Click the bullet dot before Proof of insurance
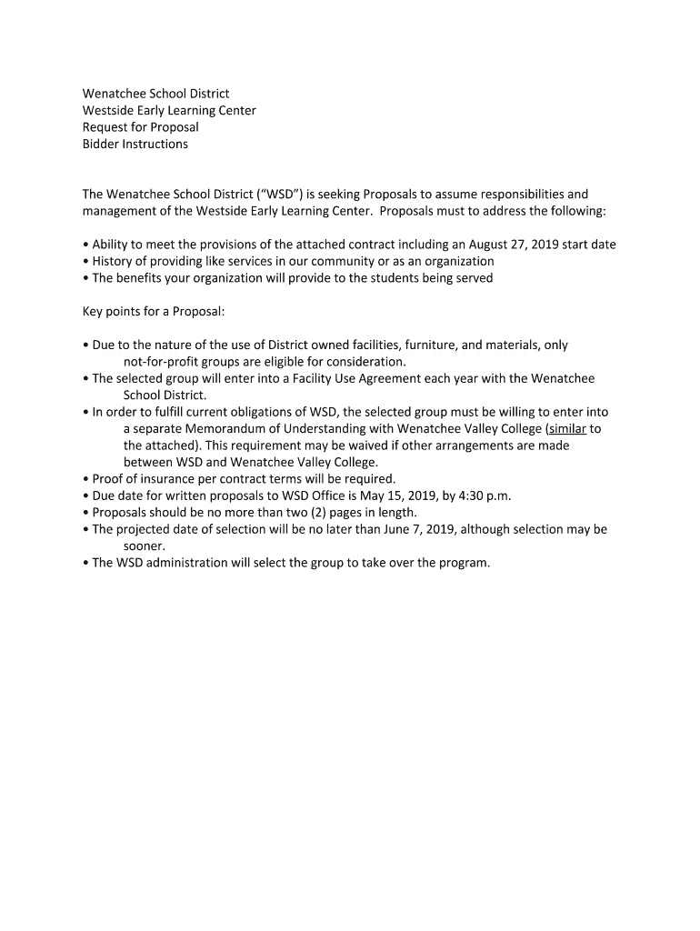pos(85,478)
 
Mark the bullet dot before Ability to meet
pos(85,245)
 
